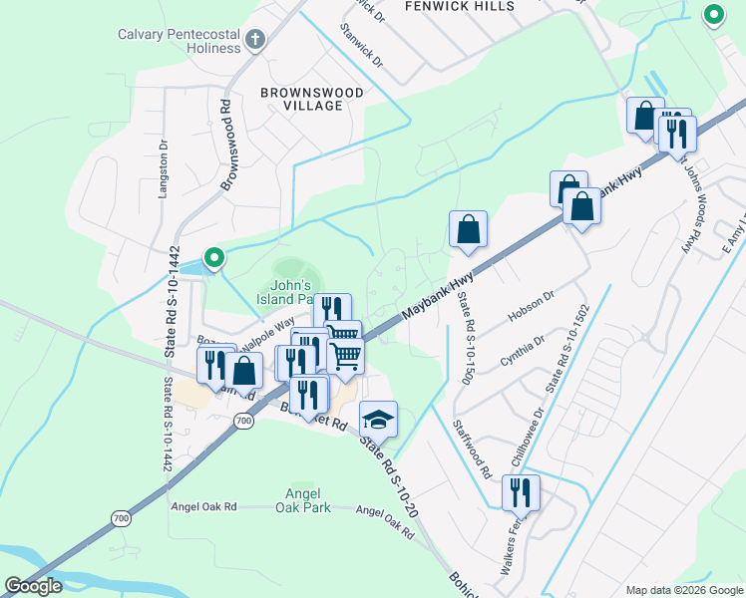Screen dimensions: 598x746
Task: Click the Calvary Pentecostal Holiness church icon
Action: pos(255,41)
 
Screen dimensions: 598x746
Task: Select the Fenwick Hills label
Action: pos(460,6)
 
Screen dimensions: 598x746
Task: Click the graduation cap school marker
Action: pos(379,420)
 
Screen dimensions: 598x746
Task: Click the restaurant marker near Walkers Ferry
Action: pos(520,492)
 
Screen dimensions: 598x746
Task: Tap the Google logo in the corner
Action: pos(33,586)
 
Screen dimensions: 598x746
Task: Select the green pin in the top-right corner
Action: pos(713,15)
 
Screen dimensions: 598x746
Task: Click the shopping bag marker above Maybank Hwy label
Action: pos(468,230)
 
